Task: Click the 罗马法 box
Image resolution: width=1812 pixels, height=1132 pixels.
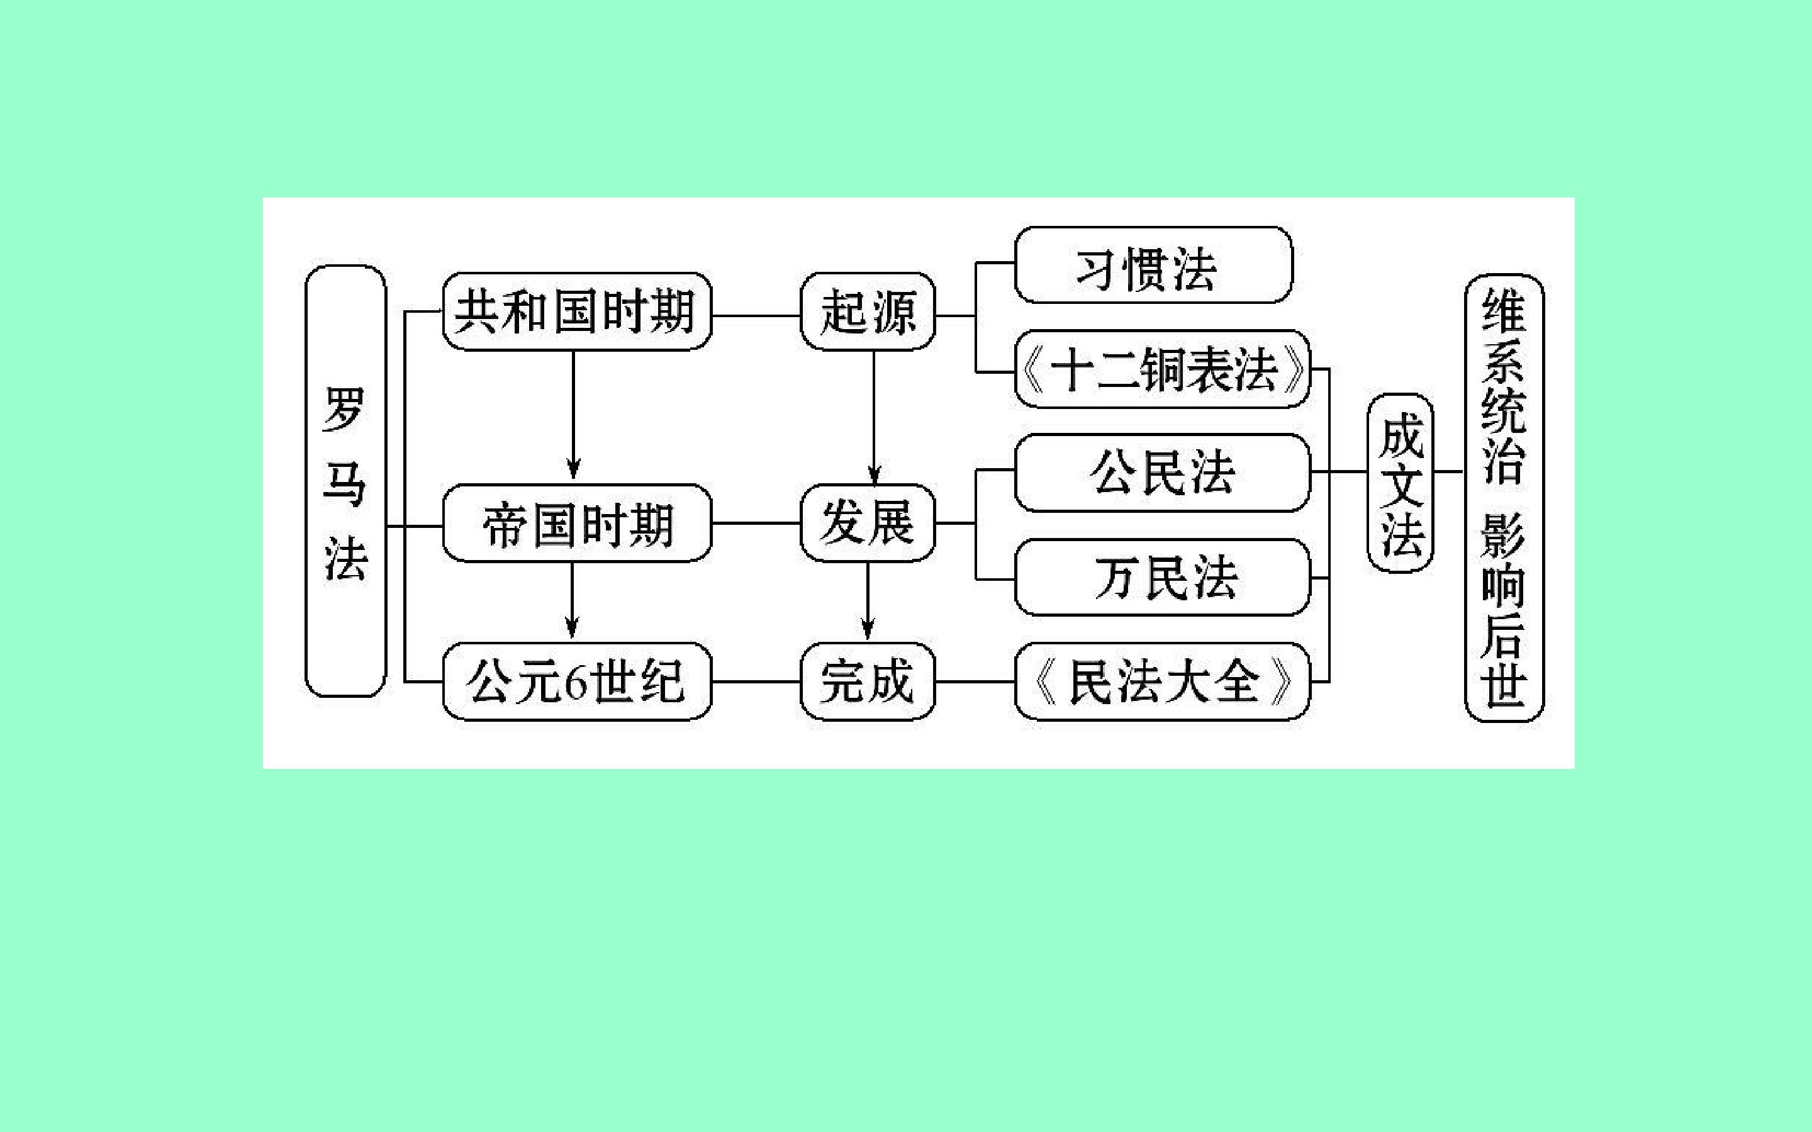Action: (x=345, y=481)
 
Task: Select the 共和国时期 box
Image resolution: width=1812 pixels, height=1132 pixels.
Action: (x=576, y=311)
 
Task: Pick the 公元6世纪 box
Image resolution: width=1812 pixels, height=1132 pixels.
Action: (x=576, y=681)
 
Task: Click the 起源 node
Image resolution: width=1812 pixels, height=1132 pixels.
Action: (x=868, y=311)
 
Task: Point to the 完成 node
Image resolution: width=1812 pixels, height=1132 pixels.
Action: (x=868, y=681)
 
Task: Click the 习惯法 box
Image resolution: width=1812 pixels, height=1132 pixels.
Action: (x=1153, y=266)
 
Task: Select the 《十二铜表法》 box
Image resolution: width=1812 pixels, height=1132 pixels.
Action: (x=1162, y=369)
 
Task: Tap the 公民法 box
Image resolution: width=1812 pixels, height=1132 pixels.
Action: (x=1162, y=473)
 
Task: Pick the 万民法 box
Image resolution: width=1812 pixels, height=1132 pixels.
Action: (x=1162, y=577)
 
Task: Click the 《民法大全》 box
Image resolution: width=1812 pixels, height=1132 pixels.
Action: (x=1162, y=681)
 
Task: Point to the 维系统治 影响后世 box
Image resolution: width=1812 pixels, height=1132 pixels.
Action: (x=1504, y=498)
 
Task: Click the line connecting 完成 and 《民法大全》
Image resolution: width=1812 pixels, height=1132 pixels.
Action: (x=975, y=682)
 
